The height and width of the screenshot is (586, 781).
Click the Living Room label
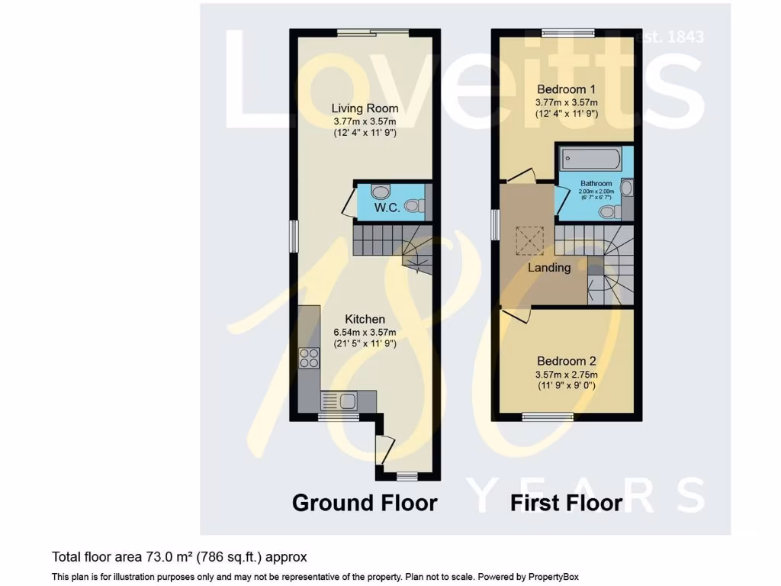pyautogui.click(x=365, y=108)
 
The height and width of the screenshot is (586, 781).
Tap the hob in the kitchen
pyautogui.click(x=310, y=358)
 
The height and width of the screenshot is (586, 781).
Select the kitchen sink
pyautogui.click(x=341, y=400)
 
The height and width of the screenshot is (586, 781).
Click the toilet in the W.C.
pyautogui.click(x=413, y=205)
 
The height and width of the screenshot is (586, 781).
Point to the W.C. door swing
pyautogui.click(x=347, y=202)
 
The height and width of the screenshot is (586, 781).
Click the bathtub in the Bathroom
pyautogui.click(x=591, y=159)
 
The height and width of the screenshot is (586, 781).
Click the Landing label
pyautogui.click(x=549, y=268)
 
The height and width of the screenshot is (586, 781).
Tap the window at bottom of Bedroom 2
pyautogui.click(x=548, y=416)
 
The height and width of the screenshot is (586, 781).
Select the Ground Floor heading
pyautogui.click(x=365, y=503)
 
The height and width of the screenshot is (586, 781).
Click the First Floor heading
pyautogui.click(x=566, y=503)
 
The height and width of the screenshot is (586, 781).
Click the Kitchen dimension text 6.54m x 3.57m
pyautogui.click(x=365, y=333)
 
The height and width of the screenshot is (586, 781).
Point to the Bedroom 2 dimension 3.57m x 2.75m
pyautogui.click(x=566, y=375)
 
